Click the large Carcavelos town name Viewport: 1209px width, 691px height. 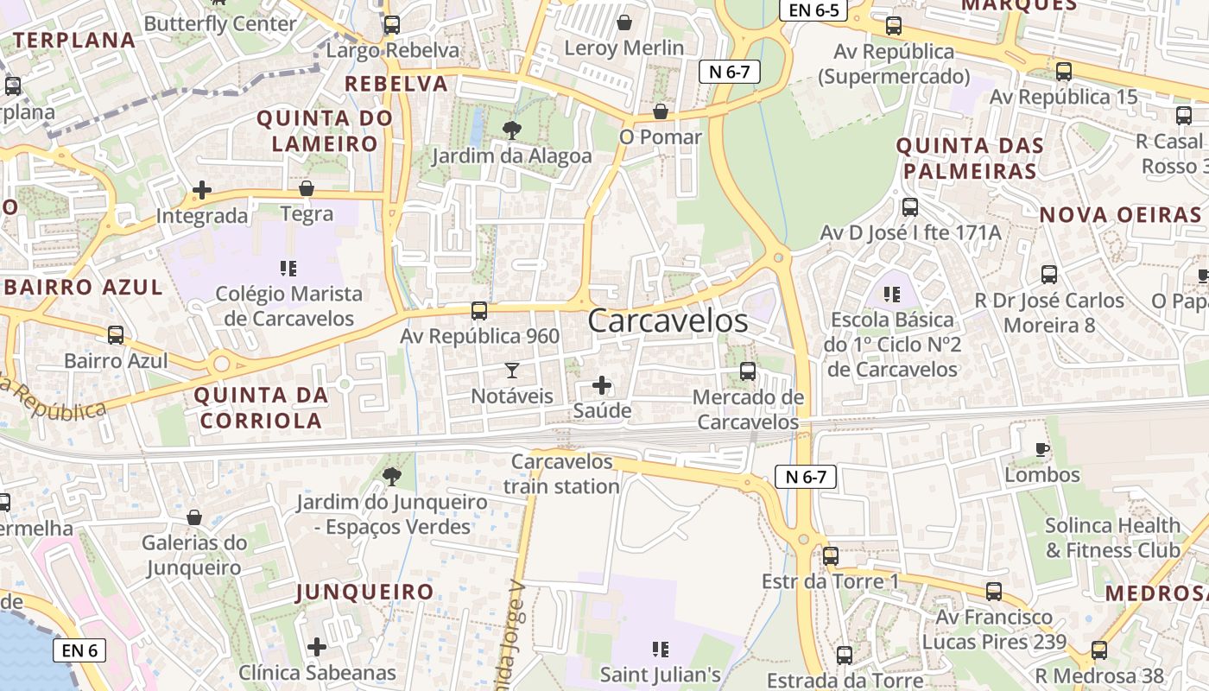coord(668,320)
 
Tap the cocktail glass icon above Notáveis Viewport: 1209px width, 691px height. coord(512,371)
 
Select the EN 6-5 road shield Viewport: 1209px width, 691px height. coord(813,10)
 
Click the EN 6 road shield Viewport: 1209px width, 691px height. coord(79,650)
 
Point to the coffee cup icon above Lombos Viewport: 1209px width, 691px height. coord(1042,449)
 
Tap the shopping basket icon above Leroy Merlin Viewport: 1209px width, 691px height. coord(623,22)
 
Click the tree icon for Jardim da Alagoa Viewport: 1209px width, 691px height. coord(512,130)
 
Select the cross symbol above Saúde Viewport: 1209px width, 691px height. coord(602,385)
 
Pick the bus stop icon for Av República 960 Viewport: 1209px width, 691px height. coord(479,310)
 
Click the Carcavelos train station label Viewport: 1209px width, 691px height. coord(561,473)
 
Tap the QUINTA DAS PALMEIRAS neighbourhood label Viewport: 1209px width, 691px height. coord(970,158)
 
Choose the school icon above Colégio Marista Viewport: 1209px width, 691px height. coord(288,269)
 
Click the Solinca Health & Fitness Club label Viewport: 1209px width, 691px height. coord(1112,537)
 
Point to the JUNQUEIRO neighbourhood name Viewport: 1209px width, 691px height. coord(364,592)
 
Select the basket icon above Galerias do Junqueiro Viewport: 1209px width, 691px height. coord(194,517)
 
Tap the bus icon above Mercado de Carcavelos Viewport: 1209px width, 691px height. coord(748,371)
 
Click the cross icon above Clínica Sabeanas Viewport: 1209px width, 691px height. coord(317,646)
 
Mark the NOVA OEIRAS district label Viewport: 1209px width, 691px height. coord(1120,215)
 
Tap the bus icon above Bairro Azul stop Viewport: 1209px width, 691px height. coord(116,334)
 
